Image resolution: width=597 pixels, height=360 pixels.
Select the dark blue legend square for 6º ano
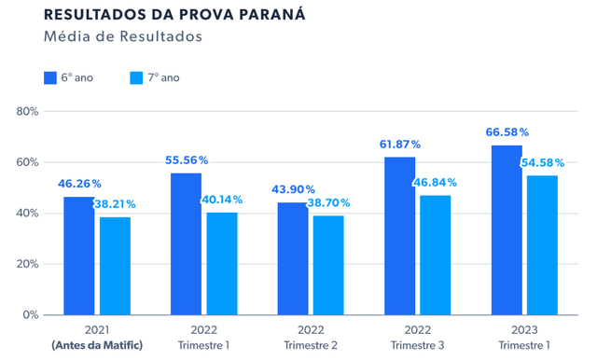tap(50, 77)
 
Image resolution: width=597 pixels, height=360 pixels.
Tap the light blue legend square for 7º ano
tap(137, 77)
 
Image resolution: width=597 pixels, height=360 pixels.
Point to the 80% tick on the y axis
tap(25, 111)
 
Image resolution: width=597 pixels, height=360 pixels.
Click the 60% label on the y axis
tap(25, 162)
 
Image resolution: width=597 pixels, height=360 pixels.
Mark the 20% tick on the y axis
tap(25, 264)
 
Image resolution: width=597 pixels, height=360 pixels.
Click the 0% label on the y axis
tap(28, 315)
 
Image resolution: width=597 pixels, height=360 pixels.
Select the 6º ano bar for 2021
tap(78, 256)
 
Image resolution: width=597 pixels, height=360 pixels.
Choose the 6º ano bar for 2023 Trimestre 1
tap(507, 229)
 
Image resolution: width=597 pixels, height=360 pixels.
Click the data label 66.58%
tap(507, 132)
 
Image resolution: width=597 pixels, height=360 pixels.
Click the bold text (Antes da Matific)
tap(97, 347)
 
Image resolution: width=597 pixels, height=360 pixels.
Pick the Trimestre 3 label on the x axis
tap(417, 347)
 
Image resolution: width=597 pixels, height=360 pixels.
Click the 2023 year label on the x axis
tap(524, 330)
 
